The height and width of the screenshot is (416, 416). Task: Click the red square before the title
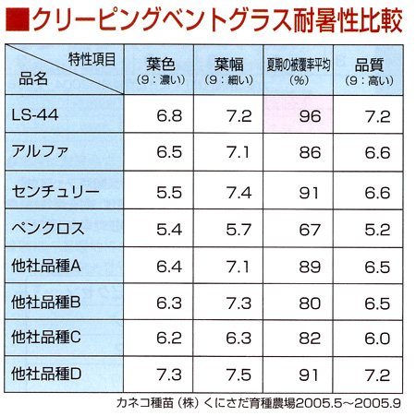tap(18, 20)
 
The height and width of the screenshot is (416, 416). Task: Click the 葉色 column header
tap(161, 65)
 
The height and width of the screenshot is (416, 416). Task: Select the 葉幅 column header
tap(229, 65)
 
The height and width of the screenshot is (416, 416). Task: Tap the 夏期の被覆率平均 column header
tap(299, 65)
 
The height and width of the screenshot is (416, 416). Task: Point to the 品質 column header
tap(369, 65)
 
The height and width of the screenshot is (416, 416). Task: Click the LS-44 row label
tap(35, 115)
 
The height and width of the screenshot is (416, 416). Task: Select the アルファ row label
tap(40, 151)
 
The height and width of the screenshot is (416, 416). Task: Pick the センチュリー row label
tap(55, 191)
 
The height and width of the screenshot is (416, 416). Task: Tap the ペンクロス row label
tap(48, 229)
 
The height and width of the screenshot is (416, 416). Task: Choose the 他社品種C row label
tap(46, 338)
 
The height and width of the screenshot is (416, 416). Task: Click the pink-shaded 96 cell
tap(299, 113)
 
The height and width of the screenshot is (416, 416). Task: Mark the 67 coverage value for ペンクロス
tap(310, 230)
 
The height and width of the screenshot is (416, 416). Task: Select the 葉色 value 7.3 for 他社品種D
tap(169, 374)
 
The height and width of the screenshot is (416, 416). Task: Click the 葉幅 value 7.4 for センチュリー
tap(239, 193)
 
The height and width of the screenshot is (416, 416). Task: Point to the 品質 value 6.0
tap(377, 339)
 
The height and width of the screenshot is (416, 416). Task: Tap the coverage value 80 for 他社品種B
tap(310, 303)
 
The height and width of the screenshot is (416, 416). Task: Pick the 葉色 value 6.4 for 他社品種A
tap(169, 267)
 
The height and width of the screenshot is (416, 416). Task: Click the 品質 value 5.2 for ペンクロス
tap(377, 230)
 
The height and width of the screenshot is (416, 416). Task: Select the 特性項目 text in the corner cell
tap(92, 59)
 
